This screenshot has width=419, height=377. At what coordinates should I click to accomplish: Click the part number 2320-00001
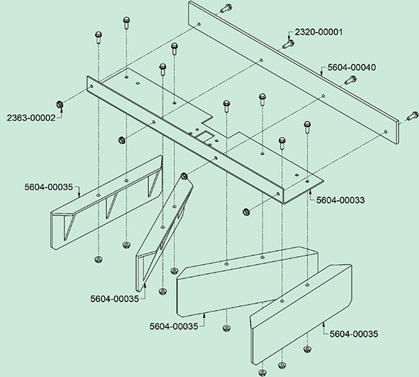click(x=319, y=32)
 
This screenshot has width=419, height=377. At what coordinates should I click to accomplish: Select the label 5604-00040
click(x=352, y=67)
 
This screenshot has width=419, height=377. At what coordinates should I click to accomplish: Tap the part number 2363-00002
click(x=31, y=118)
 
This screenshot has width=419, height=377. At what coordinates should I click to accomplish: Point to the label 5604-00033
click(x=340, y=200)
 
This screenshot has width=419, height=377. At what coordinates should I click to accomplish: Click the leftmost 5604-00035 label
click(x=49, y=187)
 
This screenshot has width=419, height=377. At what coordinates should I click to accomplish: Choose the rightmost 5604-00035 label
click(x=354, y=334)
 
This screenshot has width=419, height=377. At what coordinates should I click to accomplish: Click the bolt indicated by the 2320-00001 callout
click(x=289, y=44)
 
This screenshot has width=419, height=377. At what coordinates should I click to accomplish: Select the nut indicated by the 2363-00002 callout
click(x=60, y=105)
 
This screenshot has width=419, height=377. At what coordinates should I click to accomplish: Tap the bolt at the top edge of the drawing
click(x=226, y=8)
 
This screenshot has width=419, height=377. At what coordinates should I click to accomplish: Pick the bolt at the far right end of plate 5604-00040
click(x=412, y=116)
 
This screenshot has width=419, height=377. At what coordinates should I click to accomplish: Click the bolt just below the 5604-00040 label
click(x=350, y=80)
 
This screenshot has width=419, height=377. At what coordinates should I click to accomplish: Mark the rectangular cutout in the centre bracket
click(x=204, y=137)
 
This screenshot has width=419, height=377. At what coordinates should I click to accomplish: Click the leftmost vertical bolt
click(x=99, y=37)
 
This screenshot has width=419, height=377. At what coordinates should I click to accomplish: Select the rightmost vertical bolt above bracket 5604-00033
click(x=308, y=128)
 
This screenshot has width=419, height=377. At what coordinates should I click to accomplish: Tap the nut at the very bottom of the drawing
click(x=263, y=373)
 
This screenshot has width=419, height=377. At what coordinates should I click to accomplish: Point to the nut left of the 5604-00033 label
click(x=246, y=212)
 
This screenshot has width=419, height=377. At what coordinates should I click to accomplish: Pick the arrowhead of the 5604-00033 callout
click(x=311, y=191)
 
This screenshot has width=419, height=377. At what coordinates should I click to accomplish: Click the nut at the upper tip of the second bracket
click(x=184, y=176)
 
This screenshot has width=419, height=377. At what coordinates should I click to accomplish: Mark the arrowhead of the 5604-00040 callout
click(x=322, y=72)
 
